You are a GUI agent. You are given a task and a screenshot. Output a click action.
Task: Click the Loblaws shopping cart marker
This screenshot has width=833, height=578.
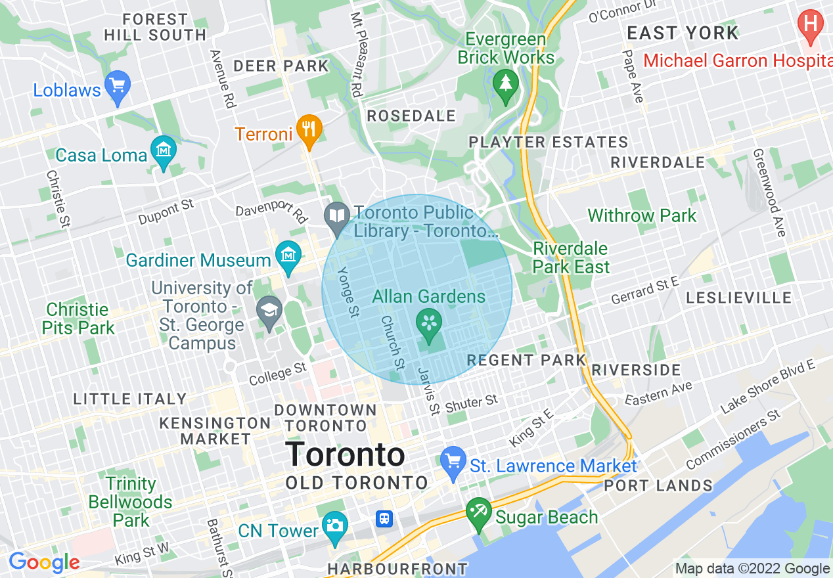click(x=118, y=86)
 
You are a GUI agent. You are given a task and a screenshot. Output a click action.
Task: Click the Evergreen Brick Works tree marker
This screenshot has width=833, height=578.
click(x=506, y=85)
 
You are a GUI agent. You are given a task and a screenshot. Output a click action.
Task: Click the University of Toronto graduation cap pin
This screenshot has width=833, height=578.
click(x=268, y=311)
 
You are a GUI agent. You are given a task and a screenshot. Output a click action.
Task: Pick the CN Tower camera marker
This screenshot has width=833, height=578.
click(x=335, y=527)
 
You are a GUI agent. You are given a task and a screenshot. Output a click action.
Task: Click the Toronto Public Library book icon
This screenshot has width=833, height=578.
click(x=338, y=216)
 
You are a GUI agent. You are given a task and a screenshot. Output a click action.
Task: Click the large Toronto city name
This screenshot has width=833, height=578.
click(x=345, y=455)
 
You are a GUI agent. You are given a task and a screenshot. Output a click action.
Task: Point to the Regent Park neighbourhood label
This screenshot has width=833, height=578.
click(x=526, y=360)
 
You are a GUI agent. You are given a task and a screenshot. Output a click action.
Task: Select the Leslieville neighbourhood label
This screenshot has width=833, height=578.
click(x=739, y=298)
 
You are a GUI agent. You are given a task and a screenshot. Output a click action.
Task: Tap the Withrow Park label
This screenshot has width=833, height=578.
click(x=642, y=215)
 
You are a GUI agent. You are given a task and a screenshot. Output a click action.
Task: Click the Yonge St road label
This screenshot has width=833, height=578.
click(x=347, y=292)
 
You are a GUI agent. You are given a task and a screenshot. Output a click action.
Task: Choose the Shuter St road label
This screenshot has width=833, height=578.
click(x=472, y=403)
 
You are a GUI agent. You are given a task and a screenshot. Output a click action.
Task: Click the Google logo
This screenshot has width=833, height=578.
click(x=44, y=562)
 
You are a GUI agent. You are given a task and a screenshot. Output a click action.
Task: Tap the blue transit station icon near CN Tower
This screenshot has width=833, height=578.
click(x=384, y=519)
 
